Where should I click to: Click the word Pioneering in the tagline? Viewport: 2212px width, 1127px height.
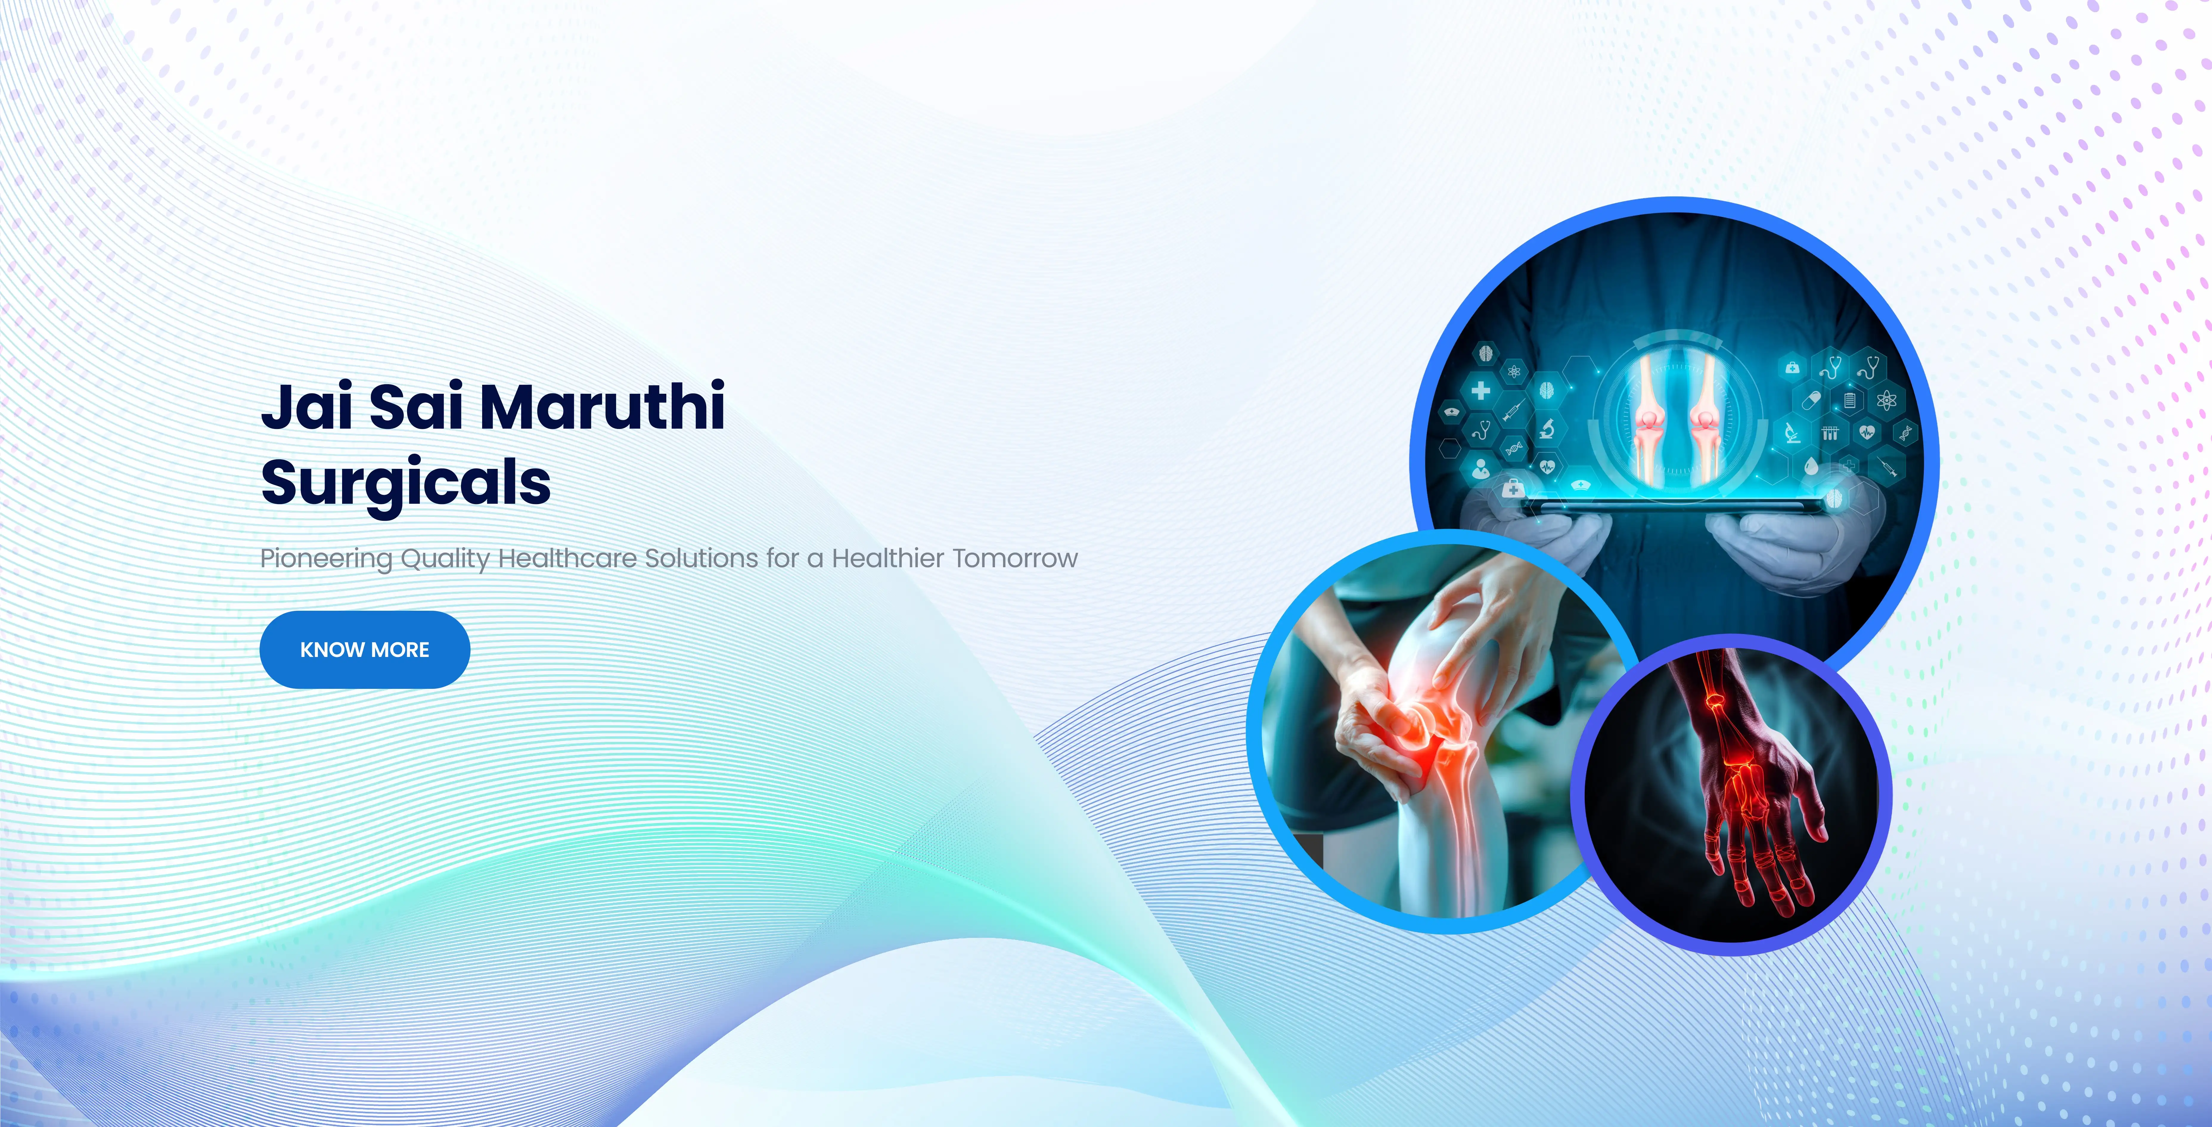pos(326,559)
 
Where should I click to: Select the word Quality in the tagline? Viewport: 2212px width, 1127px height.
pos(445,559)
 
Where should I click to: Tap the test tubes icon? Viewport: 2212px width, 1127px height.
pos(1830,432)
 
